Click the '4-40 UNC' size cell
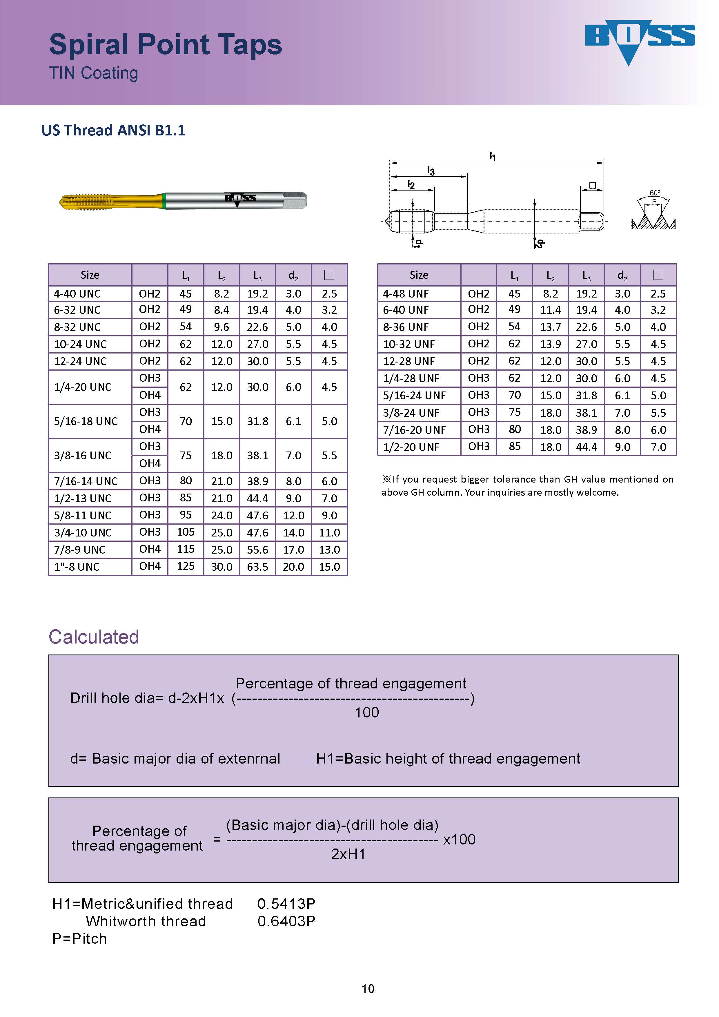coord(77,294)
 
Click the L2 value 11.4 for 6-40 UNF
coord(550,310)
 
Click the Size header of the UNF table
coord(419,275)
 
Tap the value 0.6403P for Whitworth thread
coord(286,921)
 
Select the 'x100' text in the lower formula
coord(459,839)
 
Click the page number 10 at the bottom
coord(368,989)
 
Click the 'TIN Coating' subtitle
coord(93,73)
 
